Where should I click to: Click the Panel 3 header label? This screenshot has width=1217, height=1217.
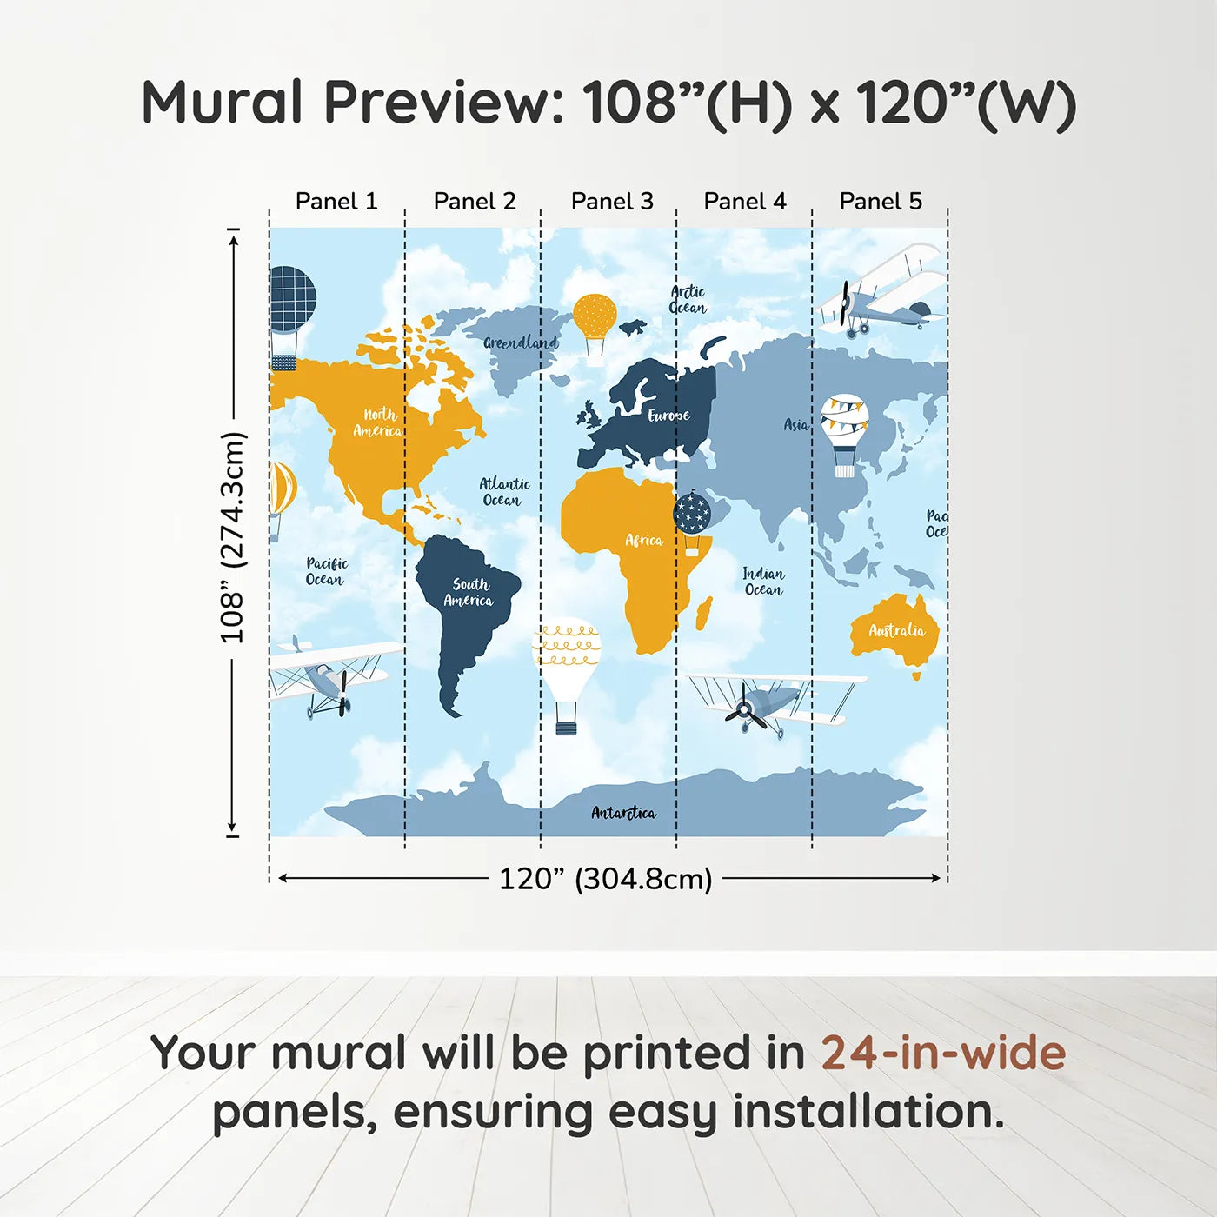pyautogui.click(x=612, y=201)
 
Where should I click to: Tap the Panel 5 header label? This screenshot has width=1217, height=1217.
pyautogui.click(x=881, y=201)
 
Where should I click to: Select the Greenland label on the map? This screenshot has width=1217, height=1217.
pyautogui.click(x=521, y=342)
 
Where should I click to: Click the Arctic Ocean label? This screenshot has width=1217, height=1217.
pyautogui.click(x=688, y=299)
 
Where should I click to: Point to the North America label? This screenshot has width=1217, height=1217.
pyautogui.click(x=377, y=422)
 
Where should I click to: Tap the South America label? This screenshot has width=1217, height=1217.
pyautogui.click(x=469, y=592)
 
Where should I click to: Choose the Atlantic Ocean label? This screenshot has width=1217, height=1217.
pyautogui.click(x=504, y=492)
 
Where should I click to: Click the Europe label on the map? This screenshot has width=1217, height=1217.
pyautogui.click(x=668, y=416)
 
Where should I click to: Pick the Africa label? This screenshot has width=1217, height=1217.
pyautogui.click(x=644, y=540)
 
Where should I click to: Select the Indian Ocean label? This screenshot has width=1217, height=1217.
pyautogui.click(x=763, y=582)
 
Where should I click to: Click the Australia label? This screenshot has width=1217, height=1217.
pyautogui.click(x=897, y=630)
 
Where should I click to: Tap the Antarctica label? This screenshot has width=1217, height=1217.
pyautogui.click(x=623, y=813)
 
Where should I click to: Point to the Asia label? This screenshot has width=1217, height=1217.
pyautogui.click(x=795, y=424)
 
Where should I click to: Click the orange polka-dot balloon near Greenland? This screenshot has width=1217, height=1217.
pyautogui.click(x=595, y=329)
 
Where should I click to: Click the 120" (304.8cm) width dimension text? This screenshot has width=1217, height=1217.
pyautogui.click(x=606, y=879)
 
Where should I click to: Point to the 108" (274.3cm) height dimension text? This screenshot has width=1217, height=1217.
pyautogui.click(x=231, y=537)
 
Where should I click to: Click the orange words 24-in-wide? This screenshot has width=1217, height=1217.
pyautogui.click(x=943, y=1052)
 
